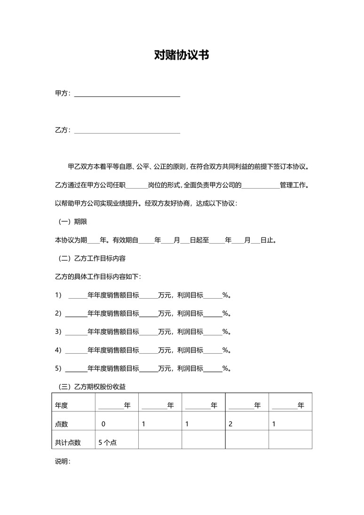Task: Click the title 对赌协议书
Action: point(182,55)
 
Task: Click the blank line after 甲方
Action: point(127,95)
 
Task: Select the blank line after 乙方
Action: point(127,132)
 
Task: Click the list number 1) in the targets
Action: point(58,295)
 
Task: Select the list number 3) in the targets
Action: point(58,332)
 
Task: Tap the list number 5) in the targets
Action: point(58,369)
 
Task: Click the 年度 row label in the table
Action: point(62,405)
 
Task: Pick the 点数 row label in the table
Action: point(62,424)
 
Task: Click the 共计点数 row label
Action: point(68,442)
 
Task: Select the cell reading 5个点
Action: point(108,442)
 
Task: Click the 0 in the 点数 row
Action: point(103,424)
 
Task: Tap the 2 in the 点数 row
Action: point(230,424)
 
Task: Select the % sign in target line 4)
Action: point(225,350)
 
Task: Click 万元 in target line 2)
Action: point(164,314)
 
